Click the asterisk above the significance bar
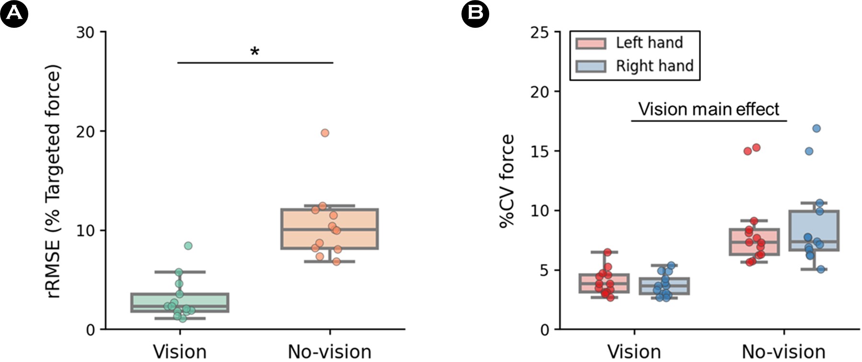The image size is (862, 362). (x=255, y=51)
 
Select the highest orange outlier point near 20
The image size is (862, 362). (x=325, y=133)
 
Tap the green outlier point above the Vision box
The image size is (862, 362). (x=188, y=246)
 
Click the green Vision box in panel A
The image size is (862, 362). (x=180, y=303)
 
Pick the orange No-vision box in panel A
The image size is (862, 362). (x=330, y=229)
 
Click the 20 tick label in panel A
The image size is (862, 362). (x=85, y=131)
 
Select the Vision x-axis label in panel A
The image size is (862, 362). (x=180, y=352)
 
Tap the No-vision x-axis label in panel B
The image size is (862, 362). (x=783, y=352)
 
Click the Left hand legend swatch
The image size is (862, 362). (x=591, y=43)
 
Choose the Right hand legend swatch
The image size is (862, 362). (x=591, y=66)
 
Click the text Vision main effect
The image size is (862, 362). (x=709, y=109)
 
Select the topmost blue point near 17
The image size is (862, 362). (x=816, y=128)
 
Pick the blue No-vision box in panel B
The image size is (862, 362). (x=814, y=230)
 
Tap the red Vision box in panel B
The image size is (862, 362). (x=604, y=283)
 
